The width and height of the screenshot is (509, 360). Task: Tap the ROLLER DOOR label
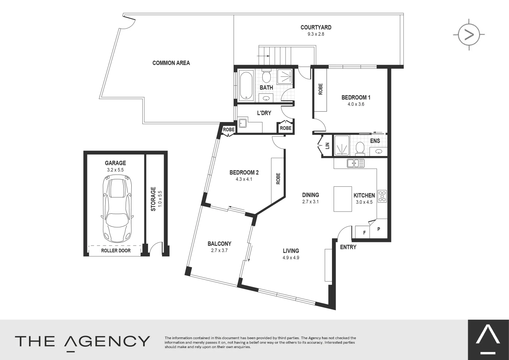[x=116, y=251]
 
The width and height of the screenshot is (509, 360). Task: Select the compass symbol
[x=469, y=34]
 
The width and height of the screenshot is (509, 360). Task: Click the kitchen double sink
[x=356, y=163]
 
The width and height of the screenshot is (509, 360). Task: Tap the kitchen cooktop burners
[x=382, y=196]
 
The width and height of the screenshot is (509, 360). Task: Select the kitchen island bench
[x=343, y=199]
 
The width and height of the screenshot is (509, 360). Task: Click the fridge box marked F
[x=364, y=233]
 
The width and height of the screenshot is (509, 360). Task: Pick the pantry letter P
[x=379, y=229]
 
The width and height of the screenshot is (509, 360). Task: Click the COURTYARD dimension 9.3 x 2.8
[x=316, y=34]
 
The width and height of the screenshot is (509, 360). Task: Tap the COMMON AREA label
[x=171, y=63]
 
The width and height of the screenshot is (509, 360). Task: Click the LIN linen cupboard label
[x=327, y=146]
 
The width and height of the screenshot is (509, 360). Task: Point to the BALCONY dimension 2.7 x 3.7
[x=219, y=250]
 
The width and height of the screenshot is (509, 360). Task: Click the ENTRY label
[x=348, y=247]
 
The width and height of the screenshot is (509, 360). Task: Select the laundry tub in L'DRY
[x=242, y=123]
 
